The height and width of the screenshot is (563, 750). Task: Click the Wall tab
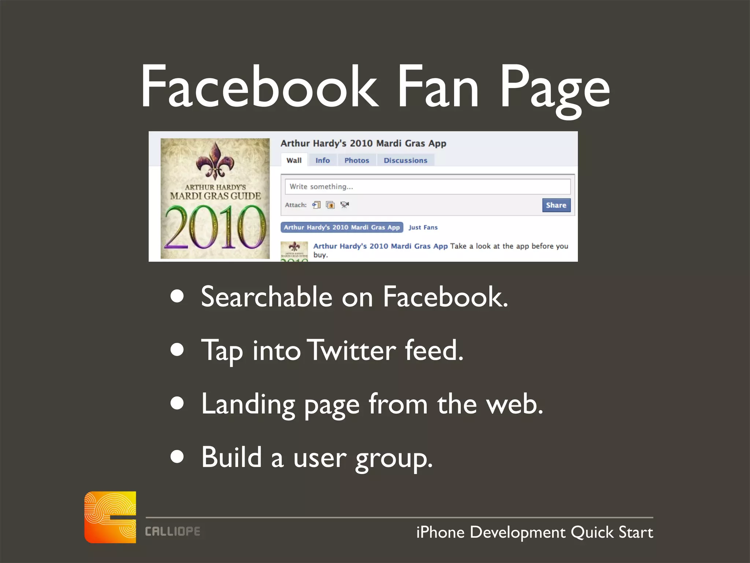click(294, 160)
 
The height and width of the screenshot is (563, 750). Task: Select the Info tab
click(322, 160)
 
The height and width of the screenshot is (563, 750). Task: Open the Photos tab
click(356, 160)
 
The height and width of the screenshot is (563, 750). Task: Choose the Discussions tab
click(405, 160)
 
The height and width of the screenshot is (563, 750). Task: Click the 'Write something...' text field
click(427, 187)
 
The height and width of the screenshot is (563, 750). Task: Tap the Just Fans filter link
click(423, 227)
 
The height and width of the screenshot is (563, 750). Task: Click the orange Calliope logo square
click(110, 517)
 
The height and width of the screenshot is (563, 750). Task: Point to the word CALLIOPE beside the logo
click(172, 531)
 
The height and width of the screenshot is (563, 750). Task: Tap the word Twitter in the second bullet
click(351, 350)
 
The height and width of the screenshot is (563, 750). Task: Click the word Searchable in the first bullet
click(266, 297)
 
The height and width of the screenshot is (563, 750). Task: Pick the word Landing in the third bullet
click(248, 404)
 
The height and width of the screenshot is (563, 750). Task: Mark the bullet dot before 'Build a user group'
click(177, 457)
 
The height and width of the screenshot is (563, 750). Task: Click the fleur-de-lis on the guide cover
click(215, 161)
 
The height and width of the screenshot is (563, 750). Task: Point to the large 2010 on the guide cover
click(215, 227)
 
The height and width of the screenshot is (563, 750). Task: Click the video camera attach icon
click(344, 205)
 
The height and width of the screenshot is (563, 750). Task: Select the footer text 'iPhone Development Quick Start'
click(534, 532)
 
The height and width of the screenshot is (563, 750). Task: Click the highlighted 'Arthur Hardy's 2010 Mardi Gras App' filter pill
click(342, 227)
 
